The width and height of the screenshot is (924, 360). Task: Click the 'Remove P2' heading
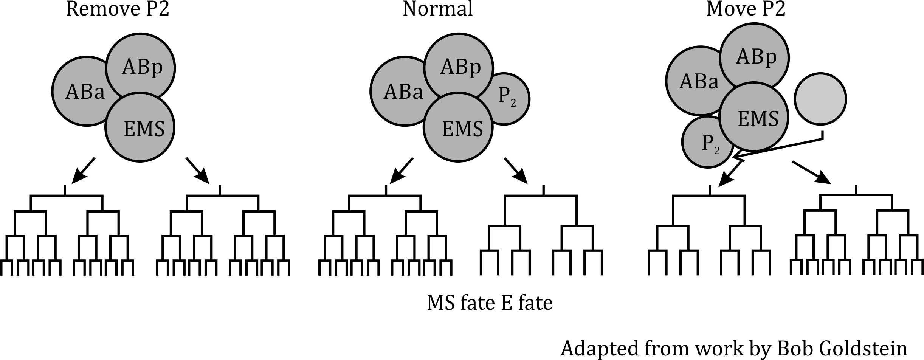coord(117,9)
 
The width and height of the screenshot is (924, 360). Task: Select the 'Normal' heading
coord(437,9)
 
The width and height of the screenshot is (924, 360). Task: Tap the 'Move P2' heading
coord(746,9)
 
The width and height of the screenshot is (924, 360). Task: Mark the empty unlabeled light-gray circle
coord(820,99)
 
